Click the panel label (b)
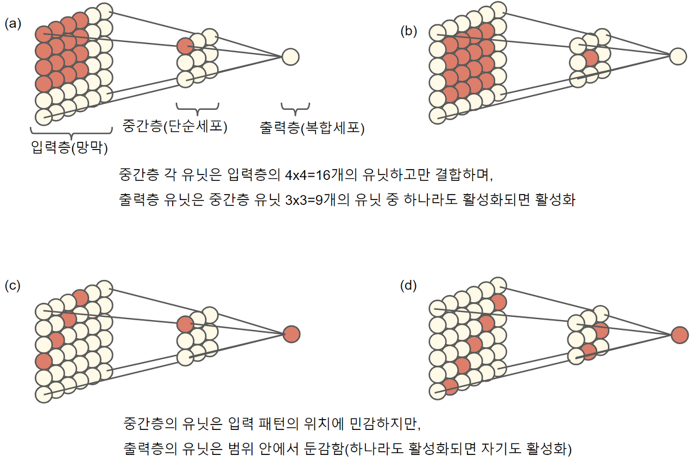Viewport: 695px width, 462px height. [x=409, y=31]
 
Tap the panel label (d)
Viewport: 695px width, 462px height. [x=408, y=286]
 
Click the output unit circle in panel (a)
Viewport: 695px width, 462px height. [x=290, y=56]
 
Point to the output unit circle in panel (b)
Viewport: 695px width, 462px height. [x=678, y=56]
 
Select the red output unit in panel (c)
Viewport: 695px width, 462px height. [x=291, y=333]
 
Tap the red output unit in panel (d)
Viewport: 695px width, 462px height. [x=679, y=335]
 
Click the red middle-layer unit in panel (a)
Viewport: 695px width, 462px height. [x=185, y=46]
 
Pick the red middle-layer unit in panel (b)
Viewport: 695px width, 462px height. [x=591, y=58]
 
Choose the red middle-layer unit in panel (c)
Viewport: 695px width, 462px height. [x=185, y=324]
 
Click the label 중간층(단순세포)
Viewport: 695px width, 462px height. [x=174, y=127]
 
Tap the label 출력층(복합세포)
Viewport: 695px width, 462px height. [x=312, y=128]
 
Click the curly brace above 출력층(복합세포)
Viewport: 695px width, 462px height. [x=295, y=108]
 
